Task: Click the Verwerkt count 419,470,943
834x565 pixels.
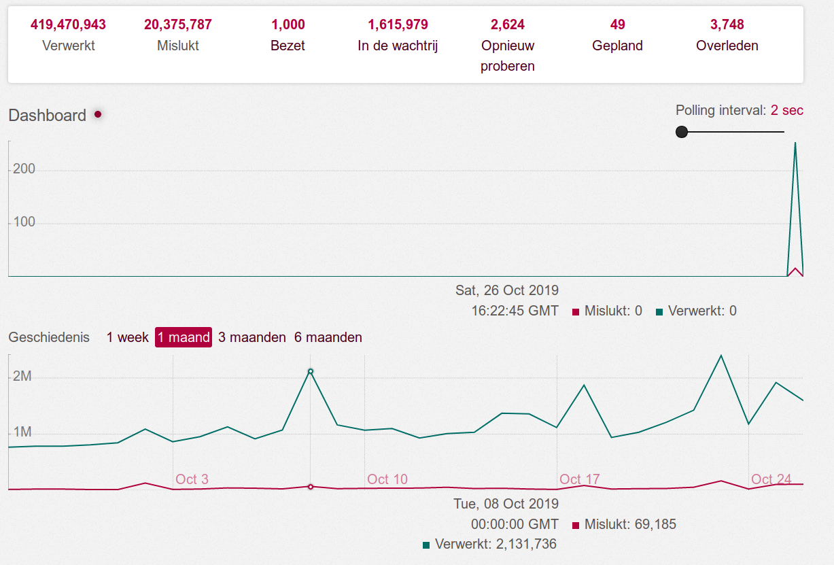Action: pos(68,25)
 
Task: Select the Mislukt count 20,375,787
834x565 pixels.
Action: pos(178,25)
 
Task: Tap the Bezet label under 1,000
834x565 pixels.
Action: pos(288,46)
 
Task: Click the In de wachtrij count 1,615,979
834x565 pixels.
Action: pos(398,25)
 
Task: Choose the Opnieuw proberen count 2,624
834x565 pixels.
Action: pos(508,25)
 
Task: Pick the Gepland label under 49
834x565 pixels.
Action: pos(617,46)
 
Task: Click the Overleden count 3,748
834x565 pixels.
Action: pos(727,25)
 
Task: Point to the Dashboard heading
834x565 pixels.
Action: pos(48,116)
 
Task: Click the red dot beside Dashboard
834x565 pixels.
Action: pos(98,114)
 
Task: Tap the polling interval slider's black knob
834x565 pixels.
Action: pos(682,132)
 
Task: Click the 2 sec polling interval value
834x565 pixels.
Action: pos(787,110)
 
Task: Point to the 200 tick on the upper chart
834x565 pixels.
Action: pos(24,169)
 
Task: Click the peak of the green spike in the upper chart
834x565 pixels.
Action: pos(795,143)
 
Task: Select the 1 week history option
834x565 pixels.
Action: pos(127,337)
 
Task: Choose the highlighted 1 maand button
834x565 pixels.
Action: pos(184,337)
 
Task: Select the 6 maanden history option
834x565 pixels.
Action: pos(328,337)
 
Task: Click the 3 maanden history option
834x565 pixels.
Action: pos(252,337)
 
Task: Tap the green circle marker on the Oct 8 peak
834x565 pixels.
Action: pos(311,371)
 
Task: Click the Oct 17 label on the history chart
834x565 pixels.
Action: pos(580,479)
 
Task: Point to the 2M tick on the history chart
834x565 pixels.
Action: pos(22,377)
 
